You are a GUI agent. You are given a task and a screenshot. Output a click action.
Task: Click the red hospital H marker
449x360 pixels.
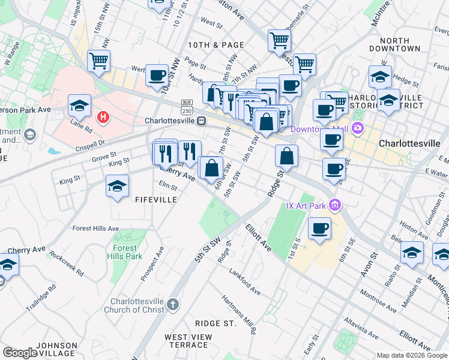point(103,116)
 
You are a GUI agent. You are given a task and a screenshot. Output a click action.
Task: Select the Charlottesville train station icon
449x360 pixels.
point(202,121)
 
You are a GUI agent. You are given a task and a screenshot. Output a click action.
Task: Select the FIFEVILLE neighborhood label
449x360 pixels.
point(156,199)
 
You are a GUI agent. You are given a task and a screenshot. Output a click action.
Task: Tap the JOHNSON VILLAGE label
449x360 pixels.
point(56,350)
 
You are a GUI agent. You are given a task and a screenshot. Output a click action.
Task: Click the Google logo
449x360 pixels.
point(19,353)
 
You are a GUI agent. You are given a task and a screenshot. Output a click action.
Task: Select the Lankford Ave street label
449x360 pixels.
point(245,281)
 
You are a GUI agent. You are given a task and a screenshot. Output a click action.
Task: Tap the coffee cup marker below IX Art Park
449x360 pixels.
point(319,229)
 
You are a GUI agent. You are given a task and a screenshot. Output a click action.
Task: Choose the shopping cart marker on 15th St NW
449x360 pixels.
point(98,61)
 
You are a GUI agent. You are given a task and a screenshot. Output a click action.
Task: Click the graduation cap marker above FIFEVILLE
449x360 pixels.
point(118,187)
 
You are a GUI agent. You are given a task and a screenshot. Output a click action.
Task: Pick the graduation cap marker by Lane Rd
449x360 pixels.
point(79,106)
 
